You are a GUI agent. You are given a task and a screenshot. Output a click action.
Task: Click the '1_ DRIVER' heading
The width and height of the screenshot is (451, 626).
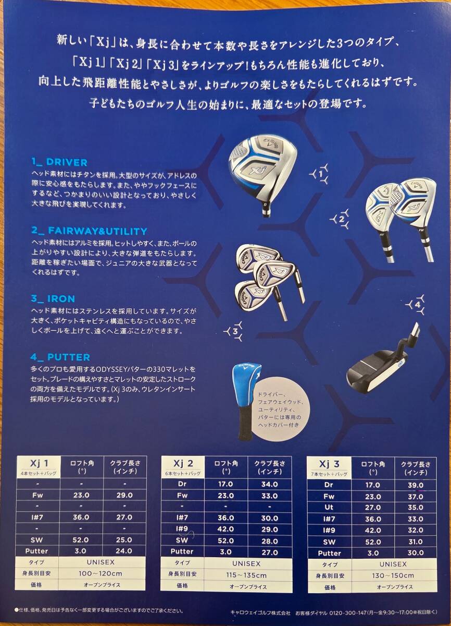59,162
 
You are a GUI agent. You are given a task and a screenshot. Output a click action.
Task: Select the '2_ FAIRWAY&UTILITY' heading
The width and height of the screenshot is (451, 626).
89,231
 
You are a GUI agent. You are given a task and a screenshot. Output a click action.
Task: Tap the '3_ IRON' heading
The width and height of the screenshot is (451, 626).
53,299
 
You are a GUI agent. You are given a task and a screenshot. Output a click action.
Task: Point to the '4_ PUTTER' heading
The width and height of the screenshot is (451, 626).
60,357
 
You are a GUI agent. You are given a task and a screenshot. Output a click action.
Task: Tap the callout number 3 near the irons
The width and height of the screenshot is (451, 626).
235,332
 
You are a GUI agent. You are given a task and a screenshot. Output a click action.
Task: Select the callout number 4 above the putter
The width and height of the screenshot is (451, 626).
418,305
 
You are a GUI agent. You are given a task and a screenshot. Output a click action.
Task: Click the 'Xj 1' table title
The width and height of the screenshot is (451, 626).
39,464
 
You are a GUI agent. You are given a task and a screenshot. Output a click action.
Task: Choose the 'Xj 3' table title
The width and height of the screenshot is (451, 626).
329,464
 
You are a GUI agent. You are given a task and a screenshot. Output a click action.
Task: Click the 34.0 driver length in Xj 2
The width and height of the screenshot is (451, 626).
269,484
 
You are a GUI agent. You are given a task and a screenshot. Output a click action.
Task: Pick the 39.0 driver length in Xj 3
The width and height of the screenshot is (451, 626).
415,485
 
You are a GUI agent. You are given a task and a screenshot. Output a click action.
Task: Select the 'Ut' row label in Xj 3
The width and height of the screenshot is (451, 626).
329,507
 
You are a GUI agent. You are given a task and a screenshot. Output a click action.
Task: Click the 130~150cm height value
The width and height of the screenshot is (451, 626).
393,575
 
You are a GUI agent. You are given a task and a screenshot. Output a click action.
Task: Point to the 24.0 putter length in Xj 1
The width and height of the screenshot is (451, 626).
124,551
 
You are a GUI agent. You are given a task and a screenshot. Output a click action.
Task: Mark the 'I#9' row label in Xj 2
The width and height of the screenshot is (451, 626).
182,529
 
